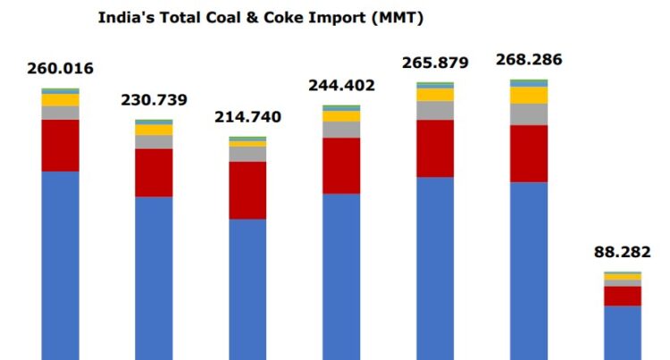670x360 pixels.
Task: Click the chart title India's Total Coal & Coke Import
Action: [x=260, y=17]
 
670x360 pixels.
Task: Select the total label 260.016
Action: [x=61, y=68]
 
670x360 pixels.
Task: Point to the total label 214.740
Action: [x=247, y=117]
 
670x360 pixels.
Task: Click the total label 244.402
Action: [x=341, y=86]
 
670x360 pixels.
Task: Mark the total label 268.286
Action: [x=529, y=61]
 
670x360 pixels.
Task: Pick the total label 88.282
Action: [x=623, y=252]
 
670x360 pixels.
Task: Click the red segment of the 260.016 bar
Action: [x=61, y=145]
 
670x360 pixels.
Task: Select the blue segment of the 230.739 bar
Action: [x=154, y=277]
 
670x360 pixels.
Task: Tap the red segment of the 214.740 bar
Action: [x=247, y=189]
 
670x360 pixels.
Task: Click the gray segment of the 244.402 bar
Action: [x=341, y=130]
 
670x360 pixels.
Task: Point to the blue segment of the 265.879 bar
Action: [x=435, y=268]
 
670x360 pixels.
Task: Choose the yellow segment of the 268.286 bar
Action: [x=529, y=95]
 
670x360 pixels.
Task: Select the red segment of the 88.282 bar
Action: [x=623, y=296]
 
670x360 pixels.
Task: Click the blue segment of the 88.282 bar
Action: [x=623, y=332]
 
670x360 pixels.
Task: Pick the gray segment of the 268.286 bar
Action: [x=529, y=114]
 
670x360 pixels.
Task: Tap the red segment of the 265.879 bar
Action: [x=435, y=148]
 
